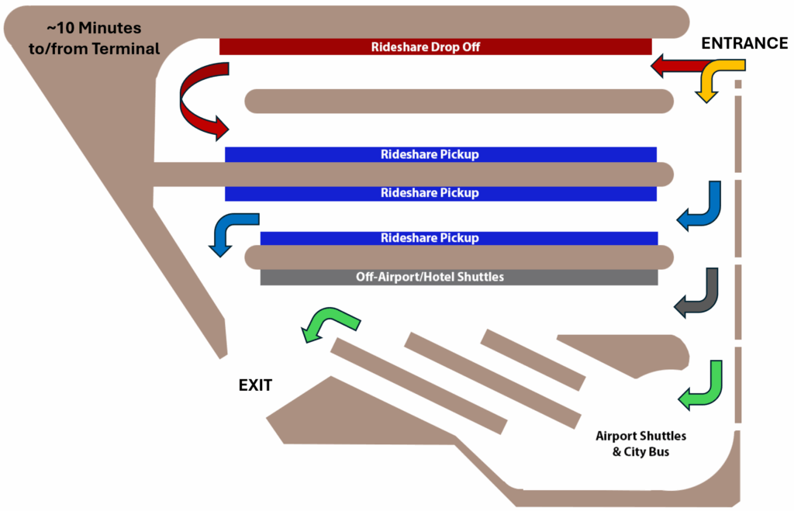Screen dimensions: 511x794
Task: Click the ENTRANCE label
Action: [x=744, y=43]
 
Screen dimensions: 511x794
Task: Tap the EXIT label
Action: [x=255, y=385]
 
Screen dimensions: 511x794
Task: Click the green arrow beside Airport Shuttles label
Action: [x=701, y=385]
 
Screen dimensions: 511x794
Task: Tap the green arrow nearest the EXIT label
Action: [x=330, y=323]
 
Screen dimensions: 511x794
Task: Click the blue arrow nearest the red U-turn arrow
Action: [x=232, y=232]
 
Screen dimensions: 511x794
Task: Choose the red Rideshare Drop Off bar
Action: [x=435, y=47]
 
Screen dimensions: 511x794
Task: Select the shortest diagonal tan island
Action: [x=532, y=360]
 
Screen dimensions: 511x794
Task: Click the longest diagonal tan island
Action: [x=418, y=385]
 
